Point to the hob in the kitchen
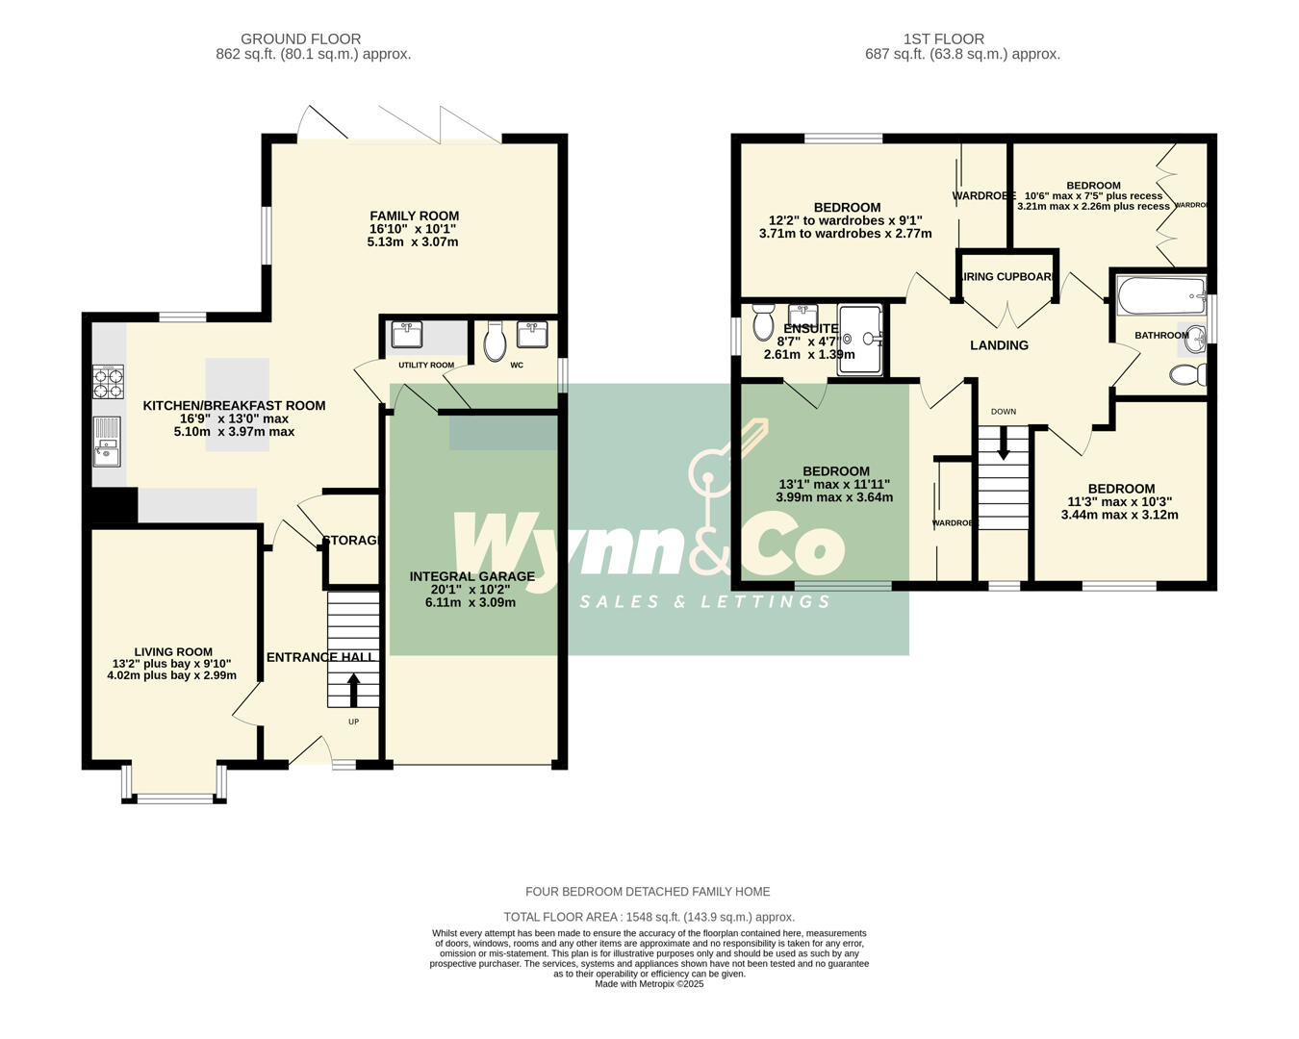[x=108, y=382]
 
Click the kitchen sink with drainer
[x=107, y=441]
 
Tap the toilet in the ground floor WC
[x=495, y=342]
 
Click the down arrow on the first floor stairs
[x=1004, y=443]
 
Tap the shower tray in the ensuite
[x=859, y=339]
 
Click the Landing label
[x=999, y=345]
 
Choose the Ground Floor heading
[x=300, y=39]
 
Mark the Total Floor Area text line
[x=649, y=917]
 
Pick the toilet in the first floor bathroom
[x=1189, y=375]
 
